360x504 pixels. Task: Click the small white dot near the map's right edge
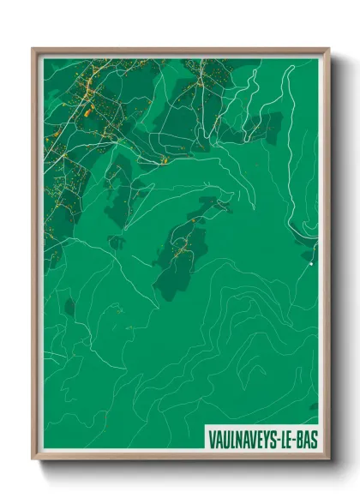point(310,265)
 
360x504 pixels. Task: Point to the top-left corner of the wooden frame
point(33,50)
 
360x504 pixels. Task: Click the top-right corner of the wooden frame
point(328,50)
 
